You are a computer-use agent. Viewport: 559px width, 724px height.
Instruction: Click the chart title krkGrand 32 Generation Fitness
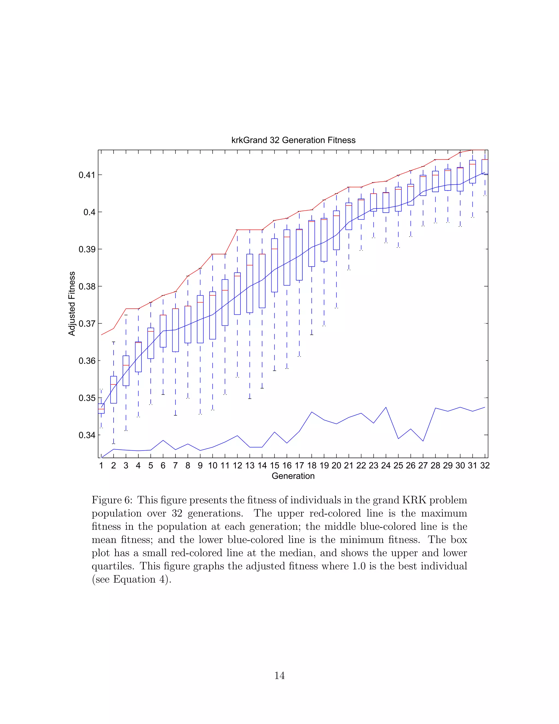(293, 140)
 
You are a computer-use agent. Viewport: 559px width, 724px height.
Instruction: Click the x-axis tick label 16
(287, 466)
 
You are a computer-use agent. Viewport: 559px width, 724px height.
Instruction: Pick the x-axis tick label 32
(485, 466)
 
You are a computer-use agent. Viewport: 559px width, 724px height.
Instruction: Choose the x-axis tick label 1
(101, 466)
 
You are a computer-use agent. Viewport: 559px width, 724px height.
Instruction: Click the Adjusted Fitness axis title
(72, 304)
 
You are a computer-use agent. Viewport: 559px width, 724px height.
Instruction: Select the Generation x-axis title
(293, 476)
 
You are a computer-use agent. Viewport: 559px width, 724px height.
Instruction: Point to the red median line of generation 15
(275, 249)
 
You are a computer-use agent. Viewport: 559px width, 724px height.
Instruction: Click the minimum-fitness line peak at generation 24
(386, 407)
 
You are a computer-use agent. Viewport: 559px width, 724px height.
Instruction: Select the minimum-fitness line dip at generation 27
(423, 441)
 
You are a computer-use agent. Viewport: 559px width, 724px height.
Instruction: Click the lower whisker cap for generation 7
(176, 415)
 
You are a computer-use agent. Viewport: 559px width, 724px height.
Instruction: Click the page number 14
(279, 675)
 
